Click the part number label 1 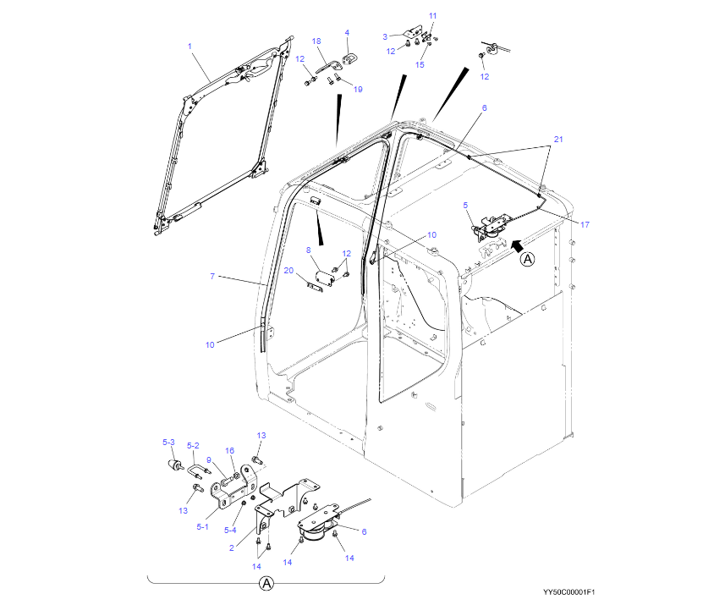189,46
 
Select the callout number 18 316,41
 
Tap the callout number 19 357,90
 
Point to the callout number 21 557,138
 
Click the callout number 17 584,223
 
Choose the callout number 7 213,276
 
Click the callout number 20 288,271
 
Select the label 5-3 168,443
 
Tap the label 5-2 193,446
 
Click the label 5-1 202,526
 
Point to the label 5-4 230,530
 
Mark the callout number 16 229,451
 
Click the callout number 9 209,460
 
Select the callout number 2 232,547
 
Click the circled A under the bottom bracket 266,584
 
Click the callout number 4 346,33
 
